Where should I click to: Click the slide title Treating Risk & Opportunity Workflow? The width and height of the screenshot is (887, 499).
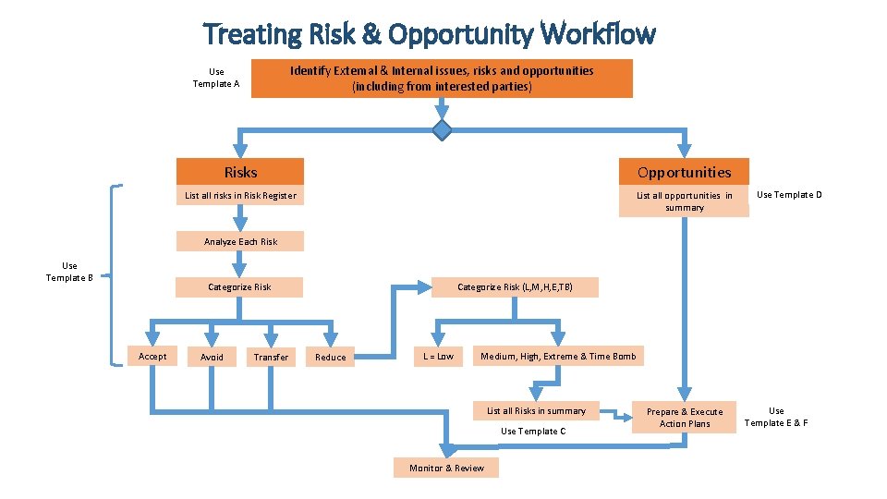tap(429, 34)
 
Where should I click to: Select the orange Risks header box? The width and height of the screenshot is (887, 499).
tap(240, 172)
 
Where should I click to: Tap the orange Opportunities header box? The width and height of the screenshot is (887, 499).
tap(684, 172)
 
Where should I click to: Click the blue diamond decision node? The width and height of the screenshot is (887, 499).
tap(443, 130)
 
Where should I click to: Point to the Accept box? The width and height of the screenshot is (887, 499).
tap(152, 357)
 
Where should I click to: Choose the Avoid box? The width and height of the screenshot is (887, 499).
tap(212, 357)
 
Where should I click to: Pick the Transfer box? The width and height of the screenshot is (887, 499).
tap(271, 357)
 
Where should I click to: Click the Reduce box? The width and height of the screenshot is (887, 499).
tap(330, 357)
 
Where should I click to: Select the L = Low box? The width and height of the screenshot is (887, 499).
tap(438, 357)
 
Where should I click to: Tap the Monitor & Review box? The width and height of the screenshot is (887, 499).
tap(446, 468)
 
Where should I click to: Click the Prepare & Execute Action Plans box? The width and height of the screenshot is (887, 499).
tap(685, 418)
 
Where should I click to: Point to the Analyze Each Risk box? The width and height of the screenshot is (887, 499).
tap(240, 241)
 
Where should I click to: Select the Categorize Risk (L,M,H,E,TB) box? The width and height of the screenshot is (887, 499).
tap(515, 287)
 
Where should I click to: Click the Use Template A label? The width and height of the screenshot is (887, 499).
tap(216, 78)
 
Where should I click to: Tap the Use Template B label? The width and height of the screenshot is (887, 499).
tap(69, 272)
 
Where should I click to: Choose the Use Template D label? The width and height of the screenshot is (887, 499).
tap(789, 195)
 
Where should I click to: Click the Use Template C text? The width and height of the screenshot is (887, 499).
tap(533, 432)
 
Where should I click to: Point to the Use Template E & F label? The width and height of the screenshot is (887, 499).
tap(776, 417)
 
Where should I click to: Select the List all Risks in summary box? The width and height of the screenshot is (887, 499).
tap(536, 410)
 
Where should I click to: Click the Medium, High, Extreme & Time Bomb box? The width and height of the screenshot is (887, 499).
tap(558, 357)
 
